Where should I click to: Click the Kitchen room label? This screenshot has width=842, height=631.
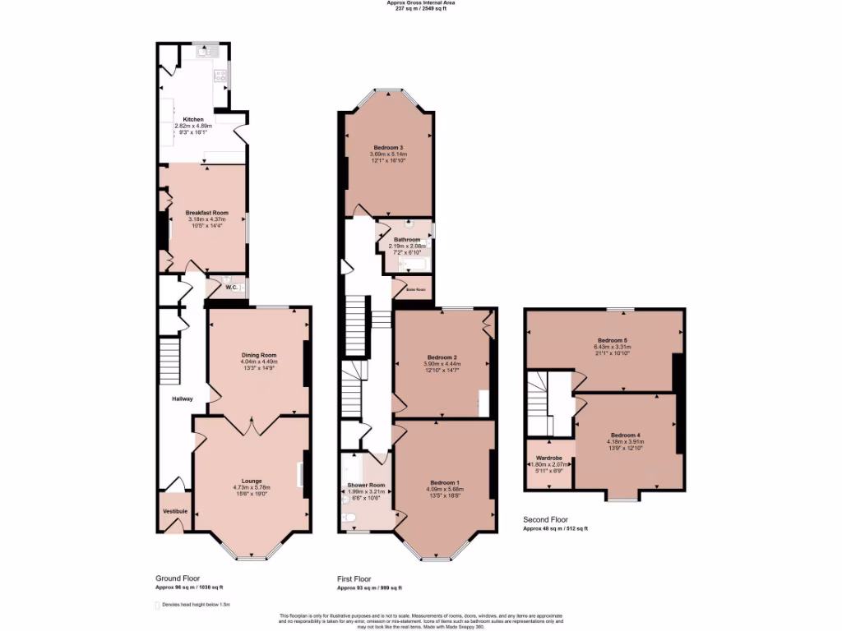(193, 119)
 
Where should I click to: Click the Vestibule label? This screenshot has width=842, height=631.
(175, 511)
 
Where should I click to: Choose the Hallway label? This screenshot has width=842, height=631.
(182, 399)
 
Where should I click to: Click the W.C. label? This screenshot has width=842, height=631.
(231, 287)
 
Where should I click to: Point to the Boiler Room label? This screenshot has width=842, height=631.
(415, 290)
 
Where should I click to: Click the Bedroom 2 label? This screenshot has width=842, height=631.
(442, 357)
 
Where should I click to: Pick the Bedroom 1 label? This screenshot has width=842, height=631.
(445, 481)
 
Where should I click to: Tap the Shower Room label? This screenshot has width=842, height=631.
(366, 485)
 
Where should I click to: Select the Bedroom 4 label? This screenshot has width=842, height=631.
(626, 435)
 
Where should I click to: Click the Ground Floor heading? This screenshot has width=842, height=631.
(178, 578)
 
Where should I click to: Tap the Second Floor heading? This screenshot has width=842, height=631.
(545, 520)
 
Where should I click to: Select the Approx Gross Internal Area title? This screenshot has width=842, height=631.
(420, 2)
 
